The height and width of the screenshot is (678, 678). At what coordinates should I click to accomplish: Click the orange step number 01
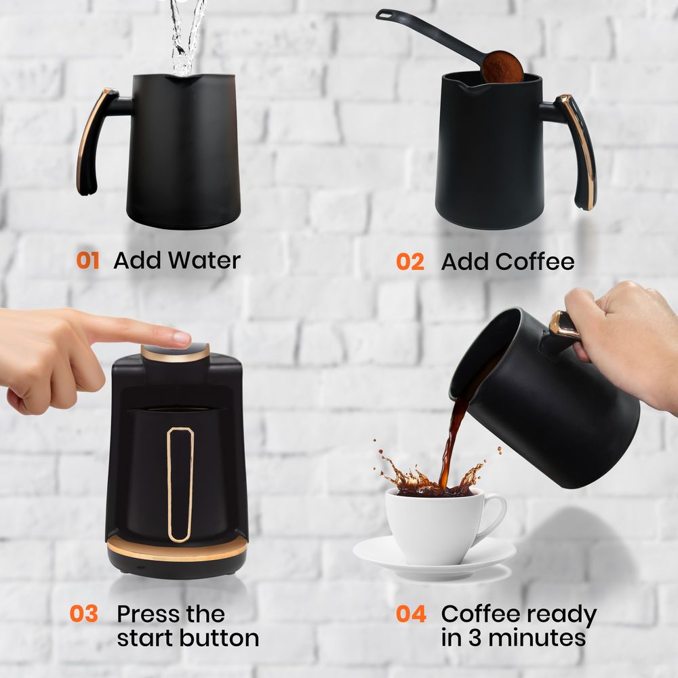point(87,261)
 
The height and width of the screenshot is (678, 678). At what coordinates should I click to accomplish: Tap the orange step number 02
point(410,262)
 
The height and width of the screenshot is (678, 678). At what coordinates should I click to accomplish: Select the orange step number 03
point(84,614)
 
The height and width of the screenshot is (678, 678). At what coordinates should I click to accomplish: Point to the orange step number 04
point(411,614)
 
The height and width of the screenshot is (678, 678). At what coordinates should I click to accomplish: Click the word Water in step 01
point(204,260)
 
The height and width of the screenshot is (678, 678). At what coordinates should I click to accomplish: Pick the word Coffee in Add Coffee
point(535,262)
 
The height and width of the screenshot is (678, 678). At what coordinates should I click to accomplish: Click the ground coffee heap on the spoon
point(502,67)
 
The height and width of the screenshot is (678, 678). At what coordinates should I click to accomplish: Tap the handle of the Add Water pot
point(96,140)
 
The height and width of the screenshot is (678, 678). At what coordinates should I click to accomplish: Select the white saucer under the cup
point(435,558)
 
